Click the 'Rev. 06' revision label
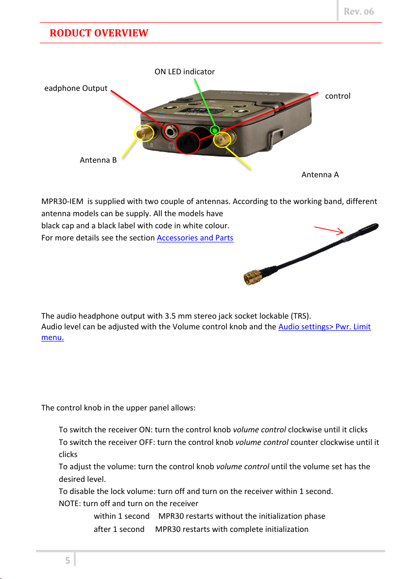(x=359, y=12)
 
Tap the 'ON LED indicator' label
(x=185, y=72)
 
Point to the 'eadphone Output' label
(x=76, y=88)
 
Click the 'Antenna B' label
(x=98, y=160)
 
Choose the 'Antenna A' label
(x=320, y=174)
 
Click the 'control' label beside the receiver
(x=338, y=96)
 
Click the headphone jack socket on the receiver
(x=171, y=131)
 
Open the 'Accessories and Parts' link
(x=195, y=238)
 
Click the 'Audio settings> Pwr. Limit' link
(x=324, y=327)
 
